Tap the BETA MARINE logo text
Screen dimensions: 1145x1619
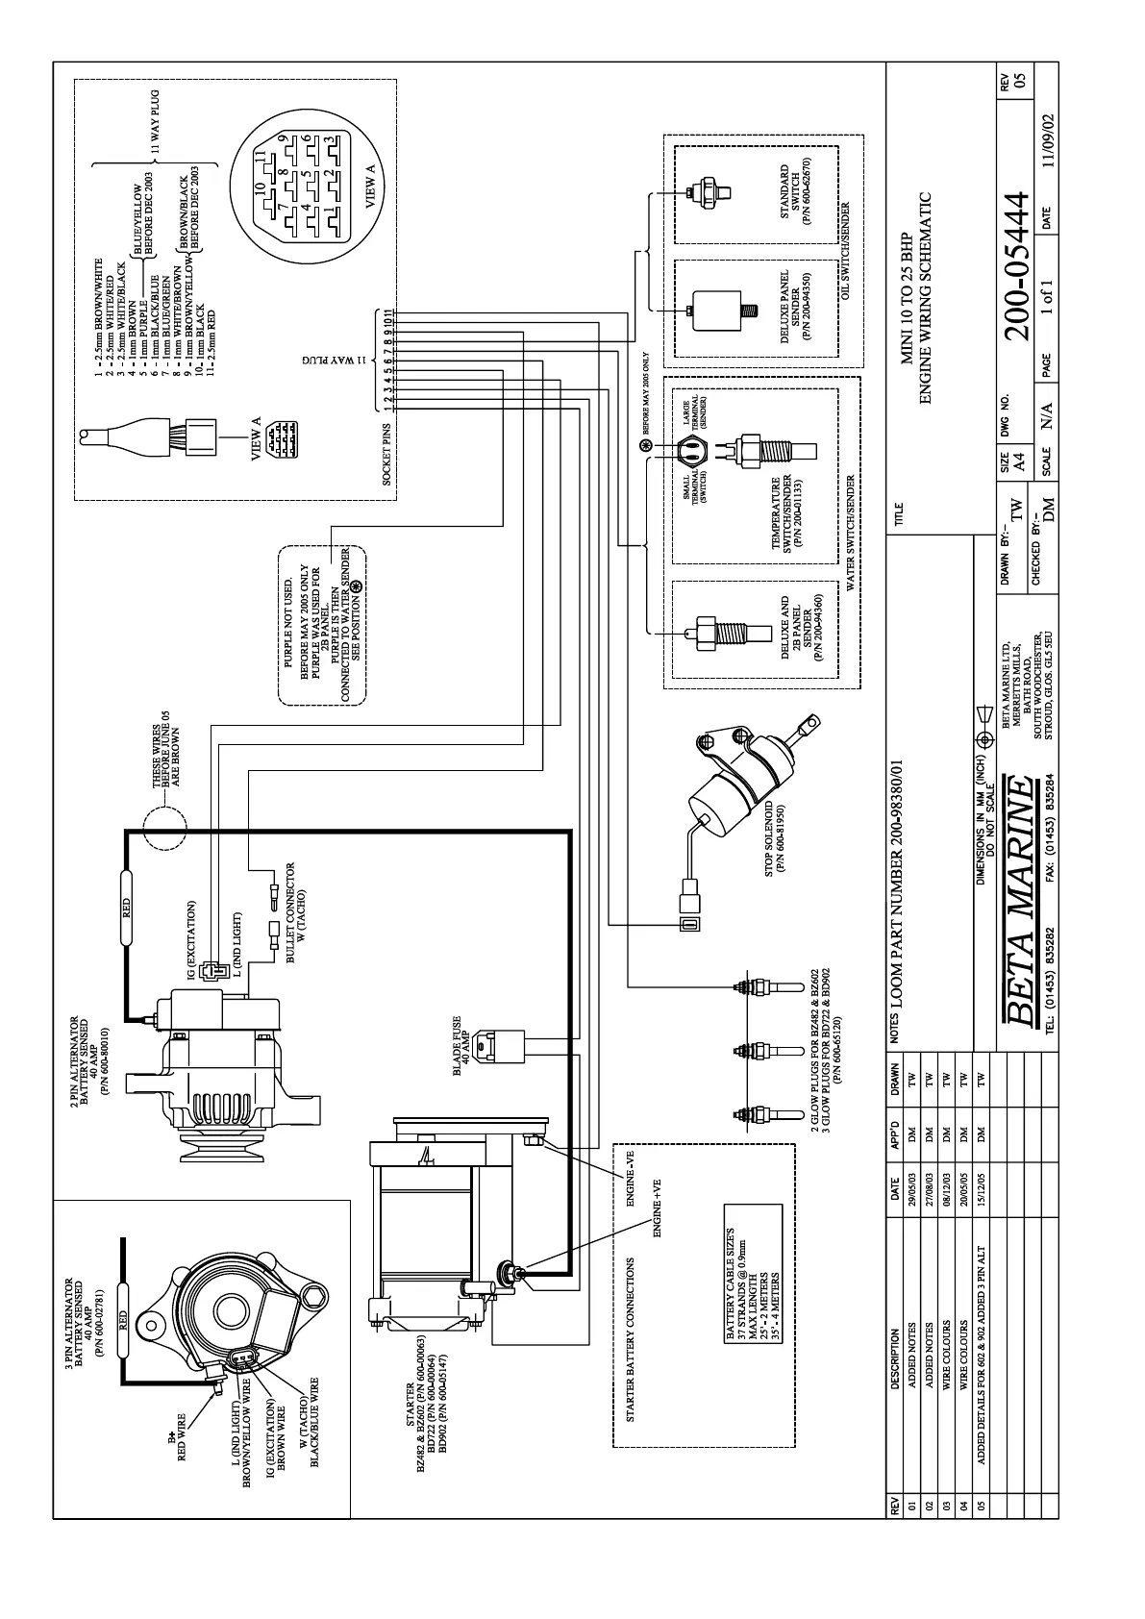click(1018, 901)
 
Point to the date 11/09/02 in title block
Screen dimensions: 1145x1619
click(1048, 153)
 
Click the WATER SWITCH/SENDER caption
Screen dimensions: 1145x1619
click(849, 532)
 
